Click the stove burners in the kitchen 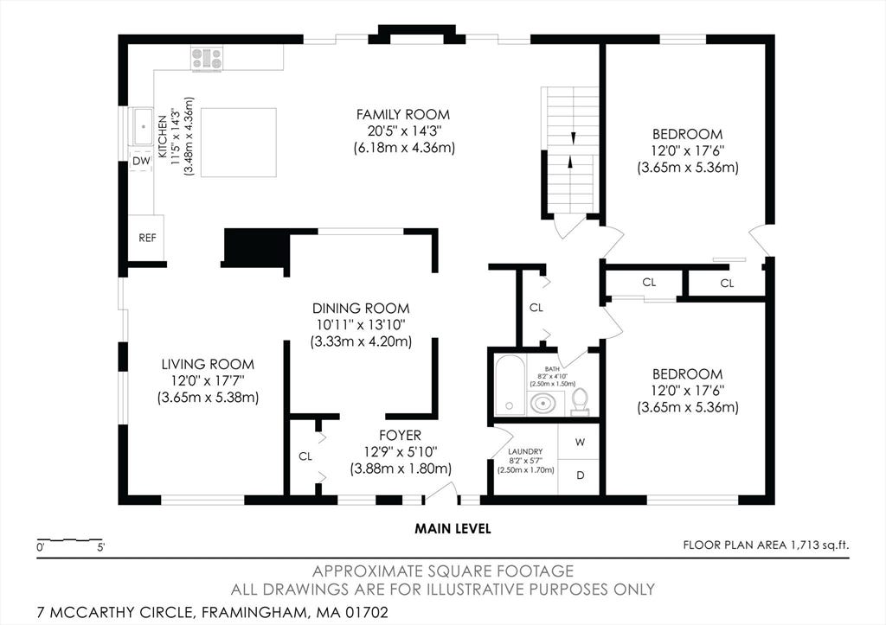(x=207, y=58)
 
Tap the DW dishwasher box (x=141, y=161)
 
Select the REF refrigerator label (x=147, y=238)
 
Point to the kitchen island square (x=239, y=143)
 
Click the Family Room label (x=403, y=115)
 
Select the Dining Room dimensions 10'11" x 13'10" (x=361, y=325)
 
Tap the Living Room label (x=208, y=364)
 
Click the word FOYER (x=400, y=436)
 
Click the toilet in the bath (x=581, y=402)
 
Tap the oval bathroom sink (x=543, y=404)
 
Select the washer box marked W (x=579, y=442)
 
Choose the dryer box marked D (x=579, y=476)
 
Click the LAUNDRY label (x=525, y=451)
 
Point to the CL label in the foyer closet (x=305, y=456)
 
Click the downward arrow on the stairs (x=574, y=137)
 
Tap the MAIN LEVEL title (x=453, y=529)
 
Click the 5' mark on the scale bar (x=100, y=547)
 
